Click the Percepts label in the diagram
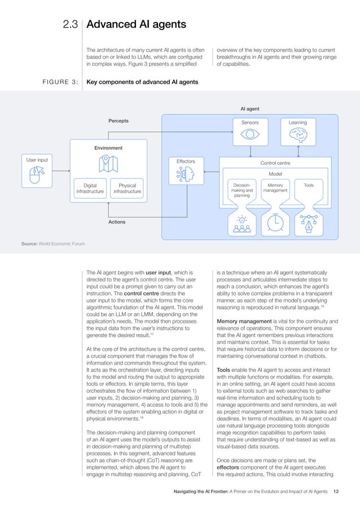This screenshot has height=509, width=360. pyautogui.click(x=118, y=121)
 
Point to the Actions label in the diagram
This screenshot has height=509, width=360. pyautogui.click(x=117, y=222)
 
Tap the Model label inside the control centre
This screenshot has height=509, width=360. pyautogui.click(x=275, y=174)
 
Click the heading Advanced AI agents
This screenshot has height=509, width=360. pyautogui.click(x=134, y=24)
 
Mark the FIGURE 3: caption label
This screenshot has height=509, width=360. pyautogui.click(x=56, y=82)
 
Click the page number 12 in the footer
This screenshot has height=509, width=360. pyautogui.click(x=336, y=492)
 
